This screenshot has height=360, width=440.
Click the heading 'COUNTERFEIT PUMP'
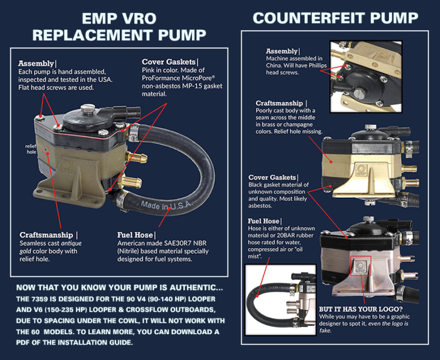tap(335, 18)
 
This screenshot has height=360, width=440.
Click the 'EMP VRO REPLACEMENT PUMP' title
tap(119, 27)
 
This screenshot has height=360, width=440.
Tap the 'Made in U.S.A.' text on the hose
tap(166, 206)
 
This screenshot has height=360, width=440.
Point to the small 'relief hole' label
tap(31, 149)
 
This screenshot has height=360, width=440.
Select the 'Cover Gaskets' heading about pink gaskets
tap(168, 62)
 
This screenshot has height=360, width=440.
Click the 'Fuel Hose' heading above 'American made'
tap(135, 235)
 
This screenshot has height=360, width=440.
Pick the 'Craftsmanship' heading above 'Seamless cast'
tap(46, 235)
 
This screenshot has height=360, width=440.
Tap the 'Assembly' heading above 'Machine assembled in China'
tap(282, 51)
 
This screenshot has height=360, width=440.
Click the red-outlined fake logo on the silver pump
tap(360, 265)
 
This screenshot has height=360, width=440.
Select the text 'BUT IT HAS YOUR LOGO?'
tap(361, 309)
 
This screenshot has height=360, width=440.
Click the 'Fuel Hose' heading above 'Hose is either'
tap(264, 221)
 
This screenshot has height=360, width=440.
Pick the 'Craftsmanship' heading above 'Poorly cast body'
tap(279, 103)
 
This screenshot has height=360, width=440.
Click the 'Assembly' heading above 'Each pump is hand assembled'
tap(36, 64)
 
